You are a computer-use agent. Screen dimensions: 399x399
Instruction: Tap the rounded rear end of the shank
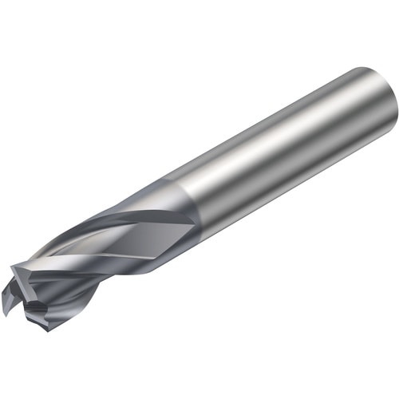(x=381, y=104)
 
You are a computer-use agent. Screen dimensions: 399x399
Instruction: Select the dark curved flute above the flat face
(x=120, y=211)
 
